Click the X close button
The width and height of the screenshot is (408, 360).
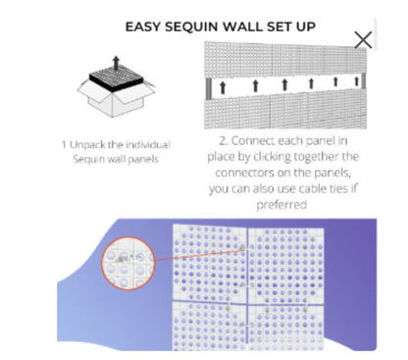363,40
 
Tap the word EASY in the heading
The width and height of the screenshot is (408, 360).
143,26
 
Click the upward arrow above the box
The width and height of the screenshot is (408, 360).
116,62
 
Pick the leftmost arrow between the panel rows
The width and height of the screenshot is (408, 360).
223,87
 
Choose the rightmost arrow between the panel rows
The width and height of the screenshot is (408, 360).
357,80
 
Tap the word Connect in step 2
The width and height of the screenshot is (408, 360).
253,141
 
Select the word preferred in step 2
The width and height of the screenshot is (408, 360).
281,205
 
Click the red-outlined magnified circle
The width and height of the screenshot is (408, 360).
127,264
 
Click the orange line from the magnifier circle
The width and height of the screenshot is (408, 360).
199,255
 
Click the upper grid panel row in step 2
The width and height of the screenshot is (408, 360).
285,60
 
